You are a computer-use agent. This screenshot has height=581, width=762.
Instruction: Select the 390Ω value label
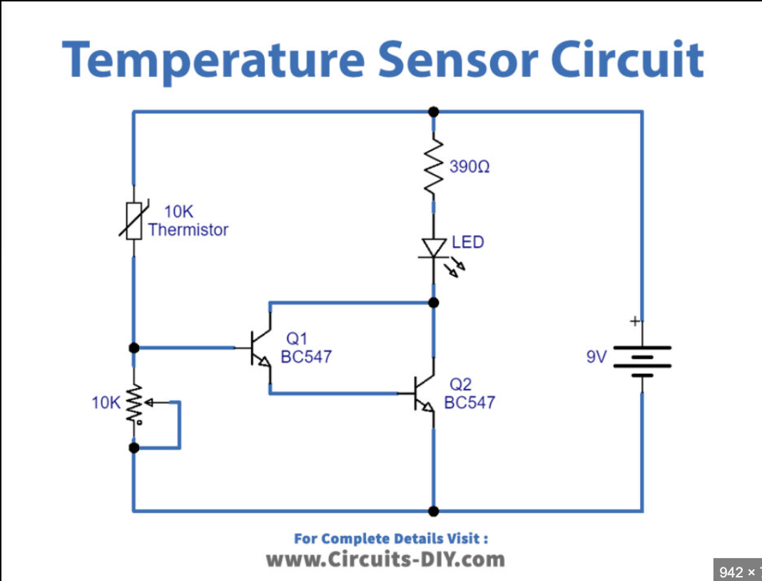(x=469, y=168)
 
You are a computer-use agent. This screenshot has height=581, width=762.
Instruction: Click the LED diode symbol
(x=433, y=247)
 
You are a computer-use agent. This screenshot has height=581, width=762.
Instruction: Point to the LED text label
(x=468, y=242)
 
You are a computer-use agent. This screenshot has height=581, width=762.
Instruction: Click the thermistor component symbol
(x=133, y=220)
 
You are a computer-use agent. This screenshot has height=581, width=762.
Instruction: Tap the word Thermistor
(x=188, y=230)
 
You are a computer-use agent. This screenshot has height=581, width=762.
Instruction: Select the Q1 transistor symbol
(x=258, y=348)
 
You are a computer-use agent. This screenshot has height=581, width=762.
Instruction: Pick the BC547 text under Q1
(x=306, y=356)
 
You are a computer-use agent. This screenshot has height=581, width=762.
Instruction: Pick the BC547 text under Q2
(x=469, y=402)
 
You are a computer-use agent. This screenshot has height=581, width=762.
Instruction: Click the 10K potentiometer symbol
(x=135, y=405)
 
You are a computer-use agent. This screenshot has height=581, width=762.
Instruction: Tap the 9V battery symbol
(x=642, y=361)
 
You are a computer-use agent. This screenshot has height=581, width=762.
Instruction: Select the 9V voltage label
(x=596, y=356)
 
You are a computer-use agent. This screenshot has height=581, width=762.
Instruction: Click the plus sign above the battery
(x=634, y=322)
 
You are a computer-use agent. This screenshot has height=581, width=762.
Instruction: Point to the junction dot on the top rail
(x=433, y=112)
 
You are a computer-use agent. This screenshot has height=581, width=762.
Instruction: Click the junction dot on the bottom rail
(x=433, y=511)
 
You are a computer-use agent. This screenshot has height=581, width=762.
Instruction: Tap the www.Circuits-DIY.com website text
(x=385, y=559)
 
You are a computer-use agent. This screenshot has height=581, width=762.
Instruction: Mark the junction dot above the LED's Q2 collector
(x=433, y=303)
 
